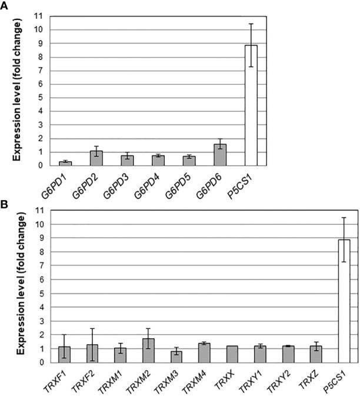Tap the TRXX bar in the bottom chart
[231, 354]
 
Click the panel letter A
[5, 5]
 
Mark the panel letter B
[5, 205]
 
